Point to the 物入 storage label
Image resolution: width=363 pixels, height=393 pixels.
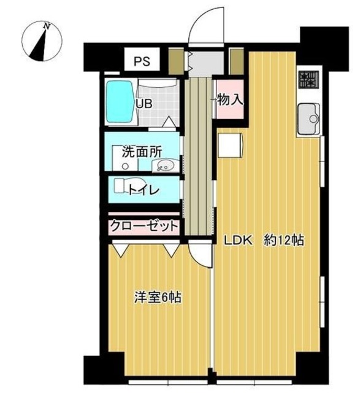pyautogui.click(x=229, y=99)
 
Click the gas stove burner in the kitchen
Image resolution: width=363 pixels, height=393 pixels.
pyautogui.click(x=308, y=79)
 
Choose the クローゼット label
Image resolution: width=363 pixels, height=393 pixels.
pyautogui.click(x=144, y=226)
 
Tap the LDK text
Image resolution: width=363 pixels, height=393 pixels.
pyautogui.click(x=237, y=241)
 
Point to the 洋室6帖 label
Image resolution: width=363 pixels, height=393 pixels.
pyautogui.click(x=157, y=297)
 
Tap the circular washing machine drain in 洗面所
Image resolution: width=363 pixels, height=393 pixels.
pyautogui.click(x=125, y=166)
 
